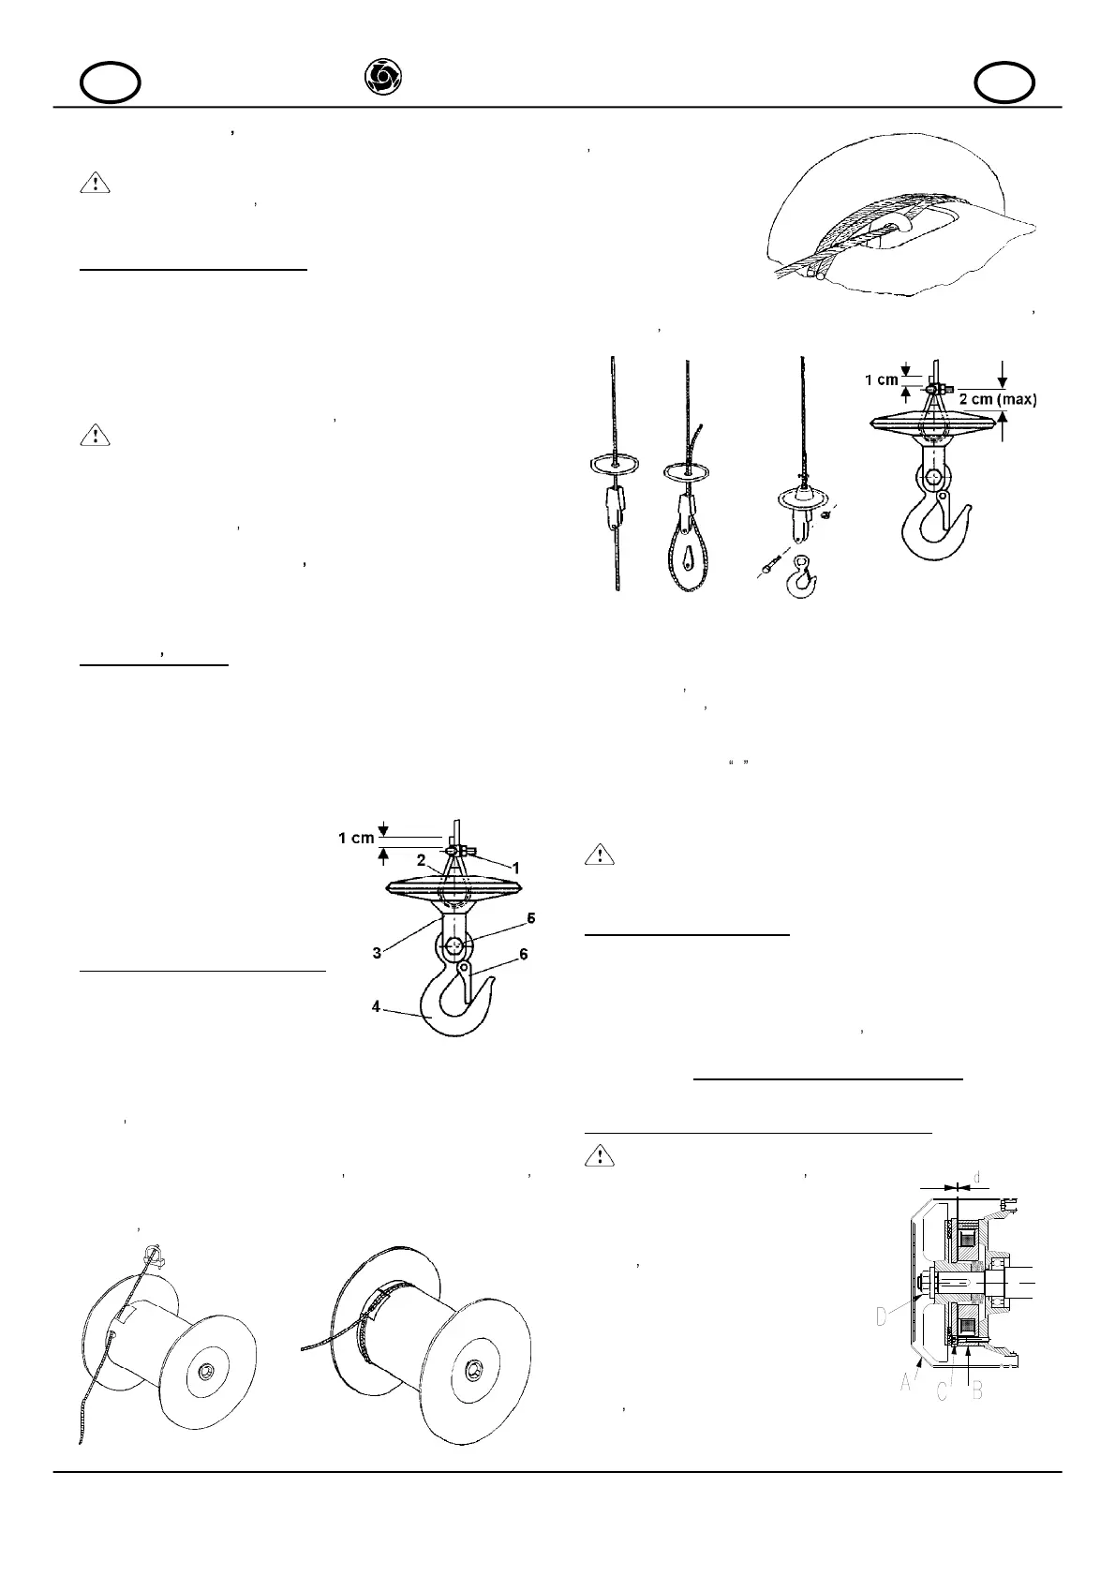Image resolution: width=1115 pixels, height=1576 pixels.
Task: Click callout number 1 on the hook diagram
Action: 514,869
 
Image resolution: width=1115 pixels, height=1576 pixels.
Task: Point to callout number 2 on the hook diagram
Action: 422,858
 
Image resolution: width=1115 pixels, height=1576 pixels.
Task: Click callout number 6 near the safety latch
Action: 523,953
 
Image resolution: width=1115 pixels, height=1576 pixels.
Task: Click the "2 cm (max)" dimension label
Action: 998,398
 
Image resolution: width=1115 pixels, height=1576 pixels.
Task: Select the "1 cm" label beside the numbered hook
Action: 356,838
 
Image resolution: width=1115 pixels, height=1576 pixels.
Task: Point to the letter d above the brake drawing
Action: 977,1176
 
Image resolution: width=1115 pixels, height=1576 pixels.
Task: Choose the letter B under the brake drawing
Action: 977,1390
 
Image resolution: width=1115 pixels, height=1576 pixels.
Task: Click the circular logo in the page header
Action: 381,77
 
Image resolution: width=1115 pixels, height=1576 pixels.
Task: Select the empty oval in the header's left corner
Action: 111,84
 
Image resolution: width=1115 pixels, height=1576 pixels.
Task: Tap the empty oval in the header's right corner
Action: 1004,84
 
